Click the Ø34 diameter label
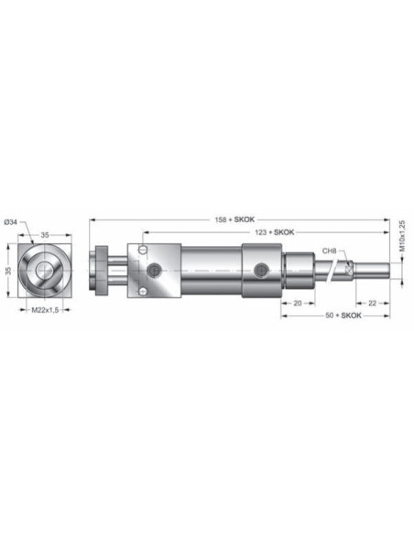click(11, 222)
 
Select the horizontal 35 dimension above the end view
click(45, 235)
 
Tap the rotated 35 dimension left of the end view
click(8, 271)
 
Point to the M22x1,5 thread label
click(46, 310)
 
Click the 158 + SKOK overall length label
click(234, 219)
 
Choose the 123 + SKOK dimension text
click(275, 232)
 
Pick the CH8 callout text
click(330, 251)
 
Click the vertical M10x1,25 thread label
click(403, 236)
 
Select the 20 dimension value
click(298, 303)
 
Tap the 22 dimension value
click(373, 303)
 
